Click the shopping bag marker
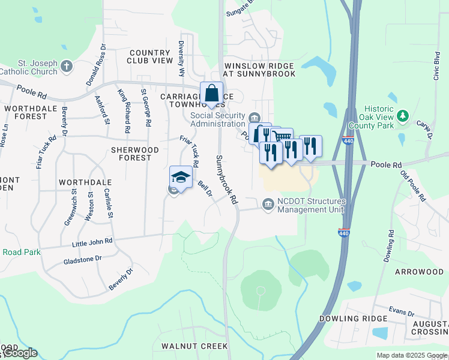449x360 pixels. click(211, 93)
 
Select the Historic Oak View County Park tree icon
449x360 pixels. click(404, 115)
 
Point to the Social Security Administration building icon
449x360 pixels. click(254, 116)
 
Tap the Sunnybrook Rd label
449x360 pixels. click(225, 180)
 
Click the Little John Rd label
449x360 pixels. click(92, 241)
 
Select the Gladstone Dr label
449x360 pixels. click(83, 262)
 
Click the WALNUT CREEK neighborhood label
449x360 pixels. click(194, 346)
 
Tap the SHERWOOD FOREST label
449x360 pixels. click(131, 154)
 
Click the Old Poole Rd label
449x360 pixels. click(414, 187)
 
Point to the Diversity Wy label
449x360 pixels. click(181, 59)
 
